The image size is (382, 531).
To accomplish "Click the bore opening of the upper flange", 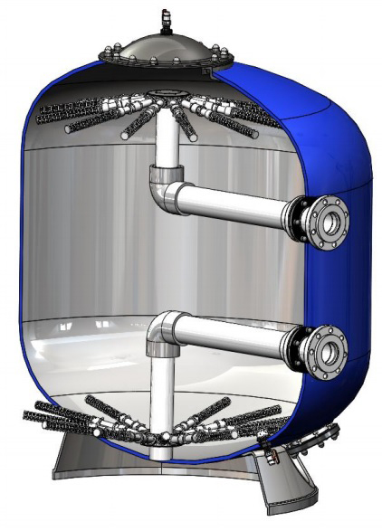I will [330, 220].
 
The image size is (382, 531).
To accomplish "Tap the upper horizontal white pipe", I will [235, 206].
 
